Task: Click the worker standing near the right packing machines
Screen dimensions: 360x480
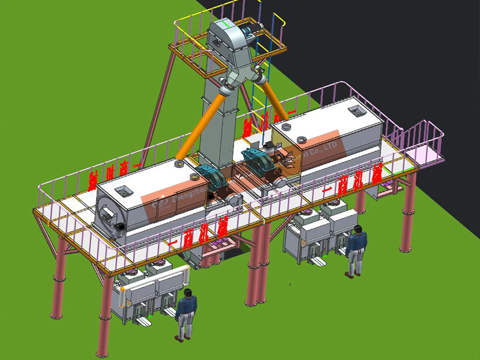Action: click(x=356, y=251)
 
